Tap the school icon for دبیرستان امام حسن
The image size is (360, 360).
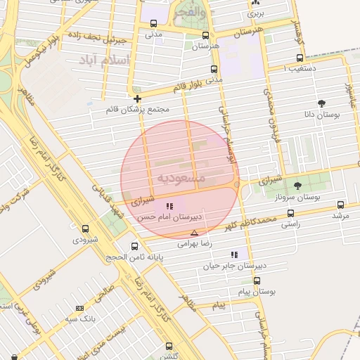coord(169,206)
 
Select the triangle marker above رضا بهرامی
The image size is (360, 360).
coord(194,233)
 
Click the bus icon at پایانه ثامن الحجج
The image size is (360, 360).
coord(135,246)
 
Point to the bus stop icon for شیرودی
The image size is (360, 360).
coord(86,229)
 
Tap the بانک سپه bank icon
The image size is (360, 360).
coord(79,308)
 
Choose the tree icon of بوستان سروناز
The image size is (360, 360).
coord(297,186)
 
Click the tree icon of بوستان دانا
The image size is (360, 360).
coord(323,103)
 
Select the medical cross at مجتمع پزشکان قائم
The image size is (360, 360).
coord(137,99)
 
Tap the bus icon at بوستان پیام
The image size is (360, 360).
coord(257,280)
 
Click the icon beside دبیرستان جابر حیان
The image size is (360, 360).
coord(234,255)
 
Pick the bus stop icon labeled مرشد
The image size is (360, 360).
coord(341,205)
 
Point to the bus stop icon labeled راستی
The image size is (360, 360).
coord(290,212)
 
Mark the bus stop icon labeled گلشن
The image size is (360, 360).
coord(169,345)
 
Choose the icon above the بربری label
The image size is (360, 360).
coord(257,4)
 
